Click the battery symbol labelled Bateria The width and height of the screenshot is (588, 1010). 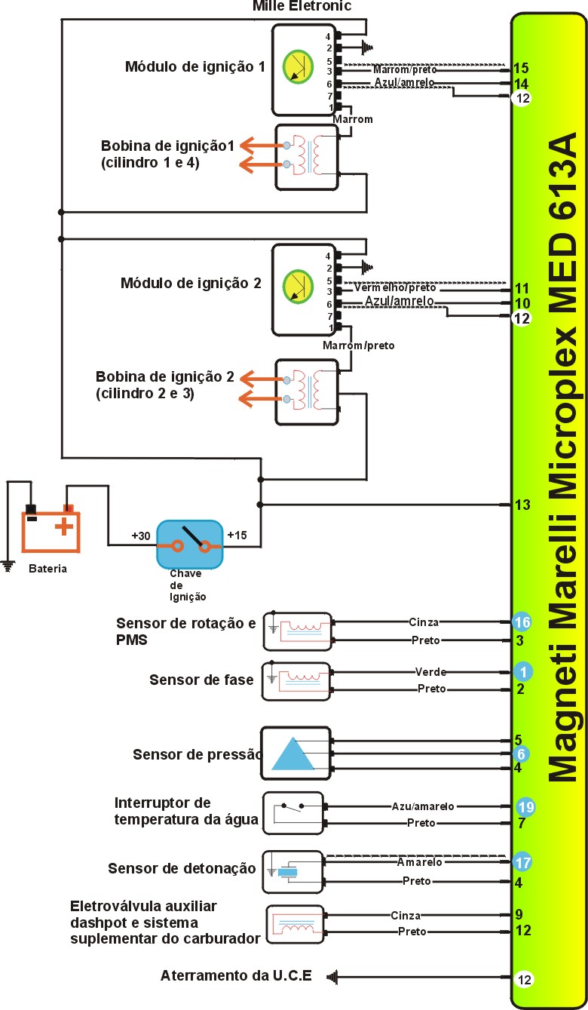[51, 528]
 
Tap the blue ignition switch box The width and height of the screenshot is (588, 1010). [190, 544]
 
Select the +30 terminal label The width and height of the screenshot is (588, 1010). [140, 536]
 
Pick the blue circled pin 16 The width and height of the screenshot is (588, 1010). [522, 622]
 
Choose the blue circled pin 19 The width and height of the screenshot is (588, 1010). [525, 807]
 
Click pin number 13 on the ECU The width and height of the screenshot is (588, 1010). [522, 505]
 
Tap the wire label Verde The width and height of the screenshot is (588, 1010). [430, 671]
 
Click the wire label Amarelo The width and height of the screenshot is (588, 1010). [419, 861]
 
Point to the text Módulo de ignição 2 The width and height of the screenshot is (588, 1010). [191, 284]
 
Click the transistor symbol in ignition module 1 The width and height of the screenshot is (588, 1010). [297, 66]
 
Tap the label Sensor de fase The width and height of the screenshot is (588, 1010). [201, 680]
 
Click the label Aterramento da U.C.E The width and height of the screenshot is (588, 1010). [236, 975]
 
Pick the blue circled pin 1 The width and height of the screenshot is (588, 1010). [522, 671]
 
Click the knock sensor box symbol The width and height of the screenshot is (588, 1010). [292, 872]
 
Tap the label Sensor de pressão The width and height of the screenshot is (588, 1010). [197, 754]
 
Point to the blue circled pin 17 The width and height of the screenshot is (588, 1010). [522, 861]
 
